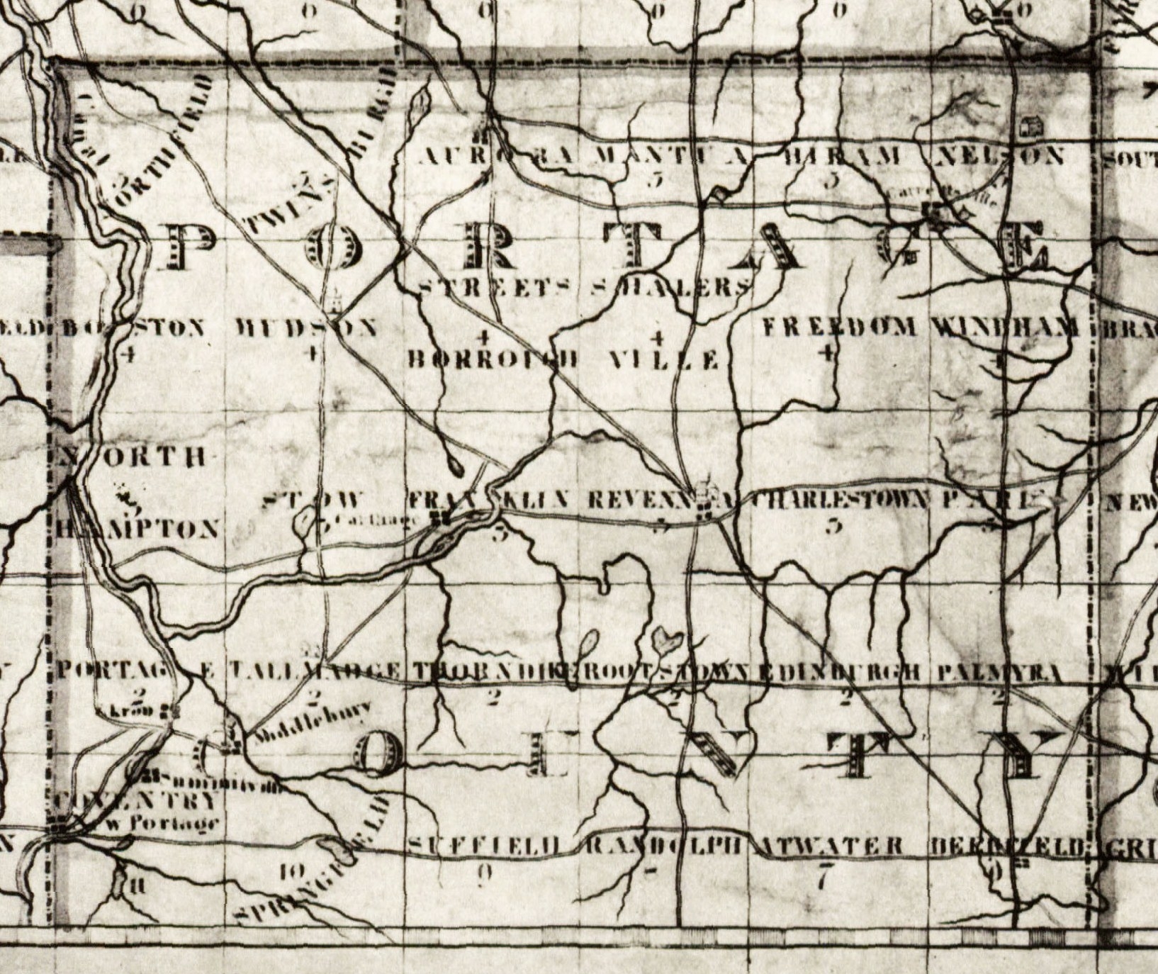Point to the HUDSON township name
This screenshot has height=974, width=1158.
click(306, 328)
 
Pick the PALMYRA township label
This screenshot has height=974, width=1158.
click(1001, 673)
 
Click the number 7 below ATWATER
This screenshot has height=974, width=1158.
click(822, 880)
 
